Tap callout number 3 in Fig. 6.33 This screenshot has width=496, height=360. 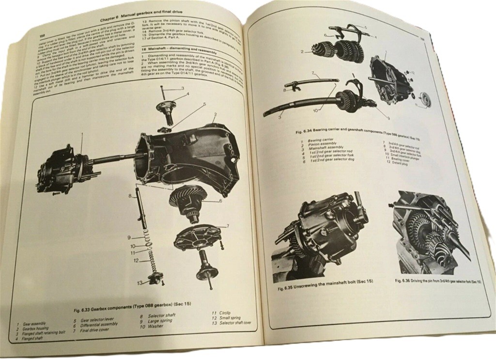tap(182, 88)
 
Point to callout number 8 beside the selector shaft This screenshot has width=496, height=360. tap(130, 196)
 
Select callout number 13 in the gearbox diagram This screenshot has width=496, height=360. tap(139, 282)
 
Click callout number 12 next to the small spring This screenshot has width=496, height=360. tap(136, 261)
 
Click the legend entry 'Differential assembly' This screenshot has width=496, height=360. tap(99, 325)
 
